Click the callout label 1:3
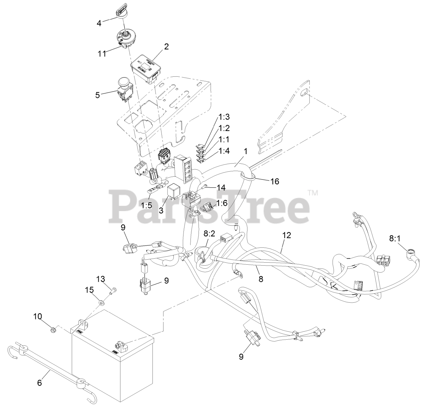[224, 117]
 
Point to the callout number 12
[287, 235]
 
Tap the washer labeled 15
[101, 303]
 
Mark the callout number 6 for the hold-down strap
[39, 383]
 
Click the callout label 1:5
[147, 206]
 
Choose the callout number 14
[221, 188]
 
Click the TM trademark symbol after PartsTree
[313, 193]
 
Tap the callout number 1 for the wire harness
[246, 151]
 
